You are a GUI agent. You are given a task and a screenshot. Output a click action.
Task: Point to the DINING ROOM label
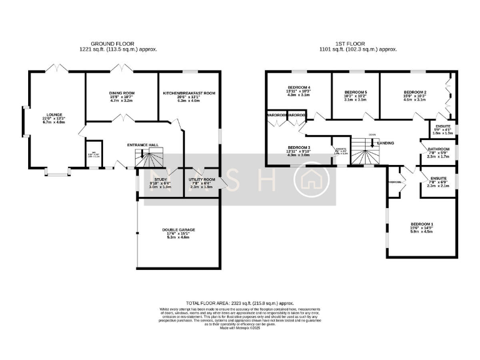[x=122, y=93]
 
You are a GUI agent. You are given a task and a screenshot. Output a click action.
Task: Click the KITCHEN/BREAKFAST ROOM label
[x=189, y=93]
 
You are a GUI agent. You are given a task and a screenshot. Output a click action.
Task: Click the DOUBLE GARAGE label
[x=178, y=230]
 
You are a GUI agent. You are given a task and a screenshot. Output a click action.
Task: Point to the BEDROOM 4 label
[x=298, y=87]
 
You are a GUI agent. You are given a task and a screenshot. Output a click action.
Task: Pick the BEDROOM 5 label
[x=355, y=92]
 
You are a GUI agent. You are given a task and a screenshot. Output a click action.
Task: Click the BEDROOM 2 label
[x=414, y=92]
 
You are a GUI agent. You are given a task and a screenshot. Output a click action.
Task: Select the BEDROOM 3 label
[x=298, y=147]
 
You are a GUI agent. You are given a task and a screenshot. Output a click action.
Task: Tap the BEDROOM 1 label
[x=422, y=224]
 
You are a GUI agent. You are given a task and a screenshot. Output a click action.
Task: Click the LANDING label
[x=386, y=142]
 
